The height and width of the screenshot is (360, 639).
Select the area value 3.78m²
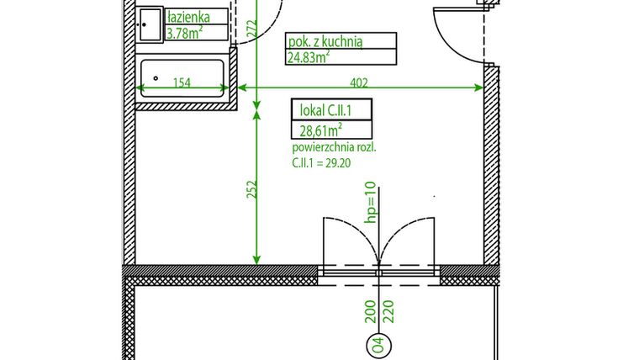tap(185, 33)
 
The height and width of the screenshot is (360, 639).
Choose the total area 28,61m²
tap(320, 130)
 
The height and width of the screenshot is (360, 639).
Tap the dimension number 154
tap(182, 82)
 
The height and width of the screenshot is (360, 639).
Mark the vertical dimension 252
tap(250, 188)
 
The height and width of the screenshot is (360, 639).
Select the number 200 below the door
tap(370, 313)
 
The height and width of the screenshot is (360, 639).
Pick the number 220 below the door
tap(388, 313)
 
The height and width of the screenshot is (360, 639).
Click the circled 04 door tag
tap(378, 344)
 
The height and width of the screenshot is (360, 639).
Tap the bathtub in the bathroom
tap(183, 77)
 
